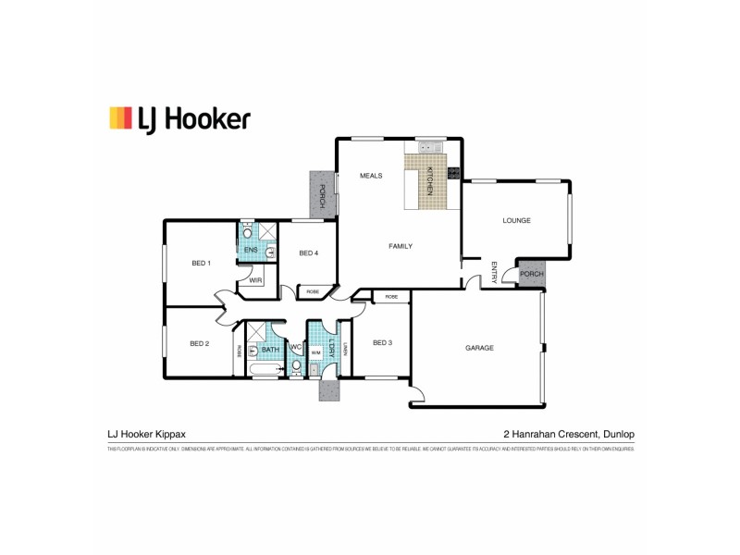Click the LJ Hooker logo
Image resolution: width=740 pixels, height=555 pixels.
coord(179,118)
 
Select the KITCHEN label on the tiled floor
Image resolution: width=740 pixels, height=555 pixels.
coord(430,179)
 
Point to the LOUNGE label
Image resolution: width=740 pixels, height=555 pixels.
coord(515,221)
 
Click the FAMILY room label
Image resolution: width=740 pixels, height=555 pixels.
coord(401,246)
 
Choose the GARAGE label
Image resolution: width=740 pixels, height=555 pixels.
coord(479,348)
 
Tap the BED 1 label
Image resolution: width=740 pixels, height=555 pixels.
coord(202,264)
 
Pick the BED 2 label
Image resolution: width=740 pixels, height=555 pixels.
coord(200,344)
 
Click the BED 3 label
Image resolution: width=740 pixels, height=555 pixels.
coord(383,343)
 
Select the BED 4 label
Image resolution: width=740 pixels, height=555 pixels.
coord(309,253)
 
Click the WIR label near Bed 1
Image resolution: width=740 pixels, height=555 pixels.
coord(254,279)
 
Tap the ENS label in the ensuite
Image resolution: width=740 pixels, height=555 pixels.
coord(251,250)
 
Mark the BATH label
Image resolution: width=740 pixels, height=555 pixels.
coord(270,350)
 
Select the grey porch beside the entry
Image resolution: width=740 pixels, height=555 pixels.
coord(532,275)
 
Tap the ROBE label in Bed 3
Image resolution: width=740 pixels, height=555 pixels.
coord(391,297)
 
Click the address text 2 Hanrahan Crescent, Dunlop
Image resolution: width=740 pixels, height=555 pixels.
coord(569,433)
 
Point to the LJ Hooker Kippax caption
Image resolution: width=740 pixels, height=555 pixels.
coord(147,433)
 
